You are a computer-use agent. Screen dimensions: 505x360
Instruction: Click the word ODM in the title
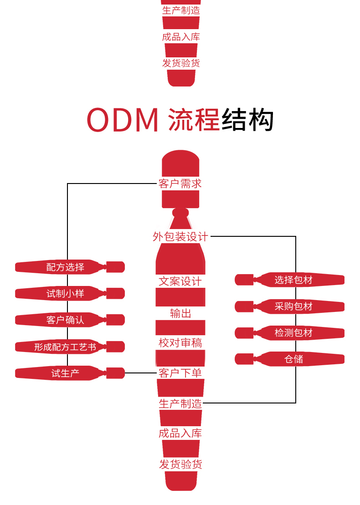point(122,120)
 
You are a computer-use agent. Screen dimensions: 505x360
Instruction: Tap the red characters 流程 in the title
point(194,120)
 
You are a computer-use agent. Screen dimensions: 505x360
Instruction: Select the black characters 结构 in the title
point(247,120)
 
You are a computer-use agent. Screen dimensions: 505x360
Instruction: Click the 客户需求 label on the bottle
point(180,184)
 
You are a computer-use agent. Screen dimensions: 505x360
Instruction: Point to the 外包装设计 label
point(180,237)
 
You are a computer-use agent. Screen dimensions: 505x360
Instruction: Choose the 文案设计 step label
point(180,281)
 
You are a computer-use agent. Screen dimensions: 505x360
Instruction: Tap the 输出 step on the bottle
point(180,313)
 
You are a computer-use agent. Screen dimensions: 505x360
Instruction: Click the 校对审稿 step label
point(180,343)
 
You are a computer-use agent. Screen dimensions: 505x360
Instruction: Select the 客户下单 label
point(180,373)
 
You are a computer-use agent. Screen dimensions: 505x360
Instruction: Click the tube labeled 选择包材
point(293,280)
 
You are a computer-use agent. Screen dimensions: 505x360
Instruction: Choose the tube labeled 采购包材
point(293,306)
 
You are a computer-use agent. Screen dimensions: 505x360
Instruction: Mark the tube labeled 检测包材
point(293,333)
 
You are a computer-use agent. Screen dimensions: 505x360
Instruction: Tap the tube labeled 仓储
point(293,359)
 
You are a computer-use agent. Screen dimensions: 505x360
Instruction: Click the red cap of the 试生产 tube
point(116,373)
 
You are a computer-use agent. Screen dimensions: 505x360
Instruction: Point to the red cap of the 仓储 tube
point(244,359)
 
